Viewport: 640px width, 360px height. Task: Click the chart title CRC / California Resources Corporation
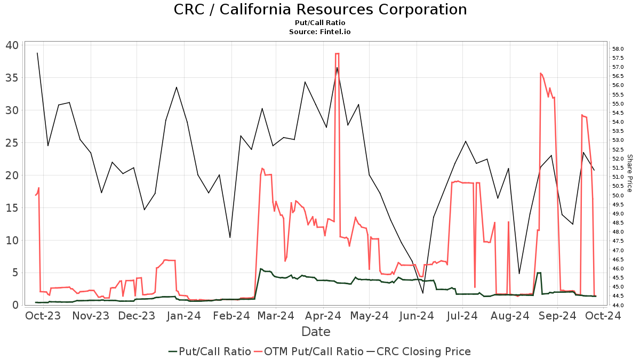coord(320,10)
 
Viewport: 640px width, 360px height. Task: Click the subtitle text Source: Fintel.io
coord(320,32)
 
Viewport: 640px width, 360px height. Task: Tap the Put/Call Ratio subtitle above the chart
coord(320,23)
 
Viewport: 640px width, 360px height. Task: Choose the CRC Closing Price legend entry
coord(423,351)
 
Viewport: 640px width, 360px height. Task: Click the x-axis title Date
coord(316,332)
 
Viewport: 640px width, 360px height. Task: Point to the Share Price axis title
coord(629,173)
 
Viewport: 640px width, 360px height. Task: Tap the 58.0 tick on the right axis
coord(619,49)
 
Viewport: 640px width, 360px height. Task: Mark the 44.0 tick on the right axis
coord(619,305)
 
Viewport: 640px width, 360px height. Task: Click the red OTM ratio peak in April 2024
coord(337,53)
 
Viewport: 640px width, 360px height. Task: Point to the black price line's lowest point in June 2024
coord(423,293)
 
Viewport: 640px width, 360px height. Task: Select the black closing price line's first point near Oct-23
coord(37,53)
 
